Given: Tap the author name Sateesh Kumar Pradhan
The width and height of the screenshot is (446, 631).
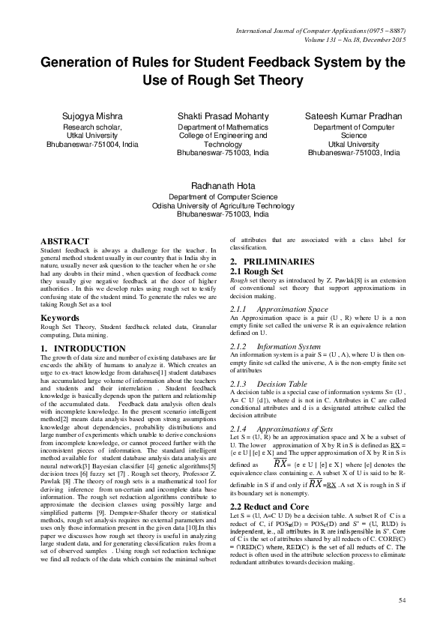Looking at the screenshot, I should pos(354,118).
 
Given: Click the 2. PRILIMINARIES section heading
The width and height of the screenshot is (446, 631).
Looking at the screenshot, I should pos(276,261).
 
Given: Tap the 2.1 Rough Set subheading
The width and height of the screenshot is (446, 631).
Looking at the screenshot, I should pos(256,270).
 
